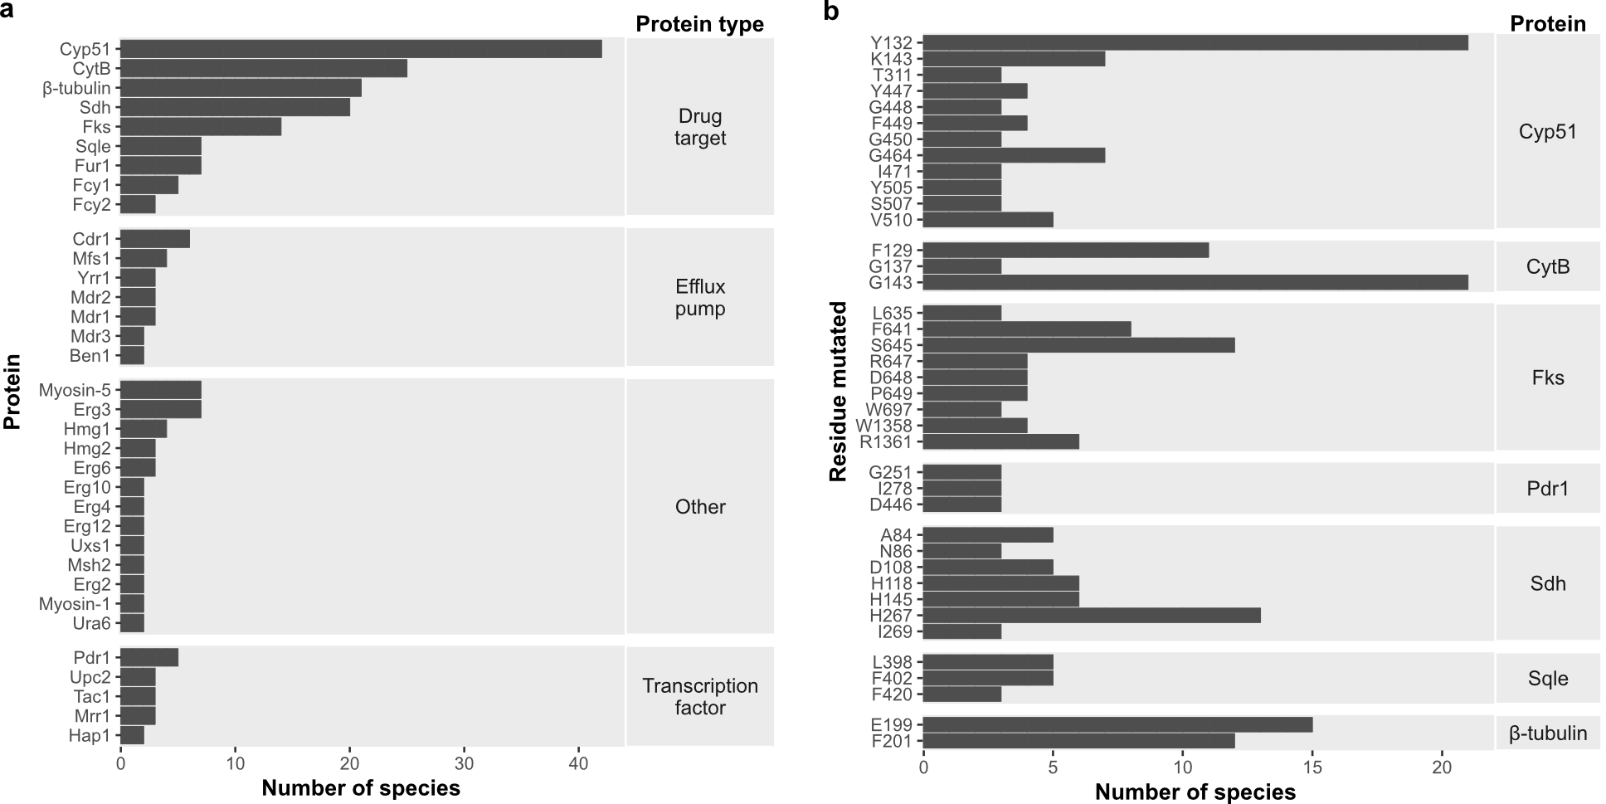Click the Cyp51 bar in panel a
coord(361,49)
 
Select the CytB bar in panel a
coord(264,68)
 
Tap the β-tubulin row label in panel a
coord(76,88)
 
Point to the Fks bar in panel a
coord(201,126)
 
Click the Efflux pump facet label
coord(699,298)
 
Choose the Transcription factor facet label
coord(699,697)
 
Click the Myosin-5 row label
coord(75,390)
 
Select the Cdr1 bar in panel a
coord(155,239)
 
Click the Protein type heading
coord(699,24)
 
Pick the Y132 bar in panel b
coord(1195,42)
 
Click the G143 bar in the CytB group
coord(1195,282)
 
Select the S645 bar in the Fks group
coord(1078,345)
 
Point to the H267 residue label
coord(890,616)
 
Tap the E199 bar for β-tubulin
coord(1117,725)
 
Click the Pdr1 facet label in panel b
coord(1547,488)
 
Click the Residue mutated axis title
coord(839,391)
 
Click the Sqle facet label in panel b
coord(1547,679)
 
